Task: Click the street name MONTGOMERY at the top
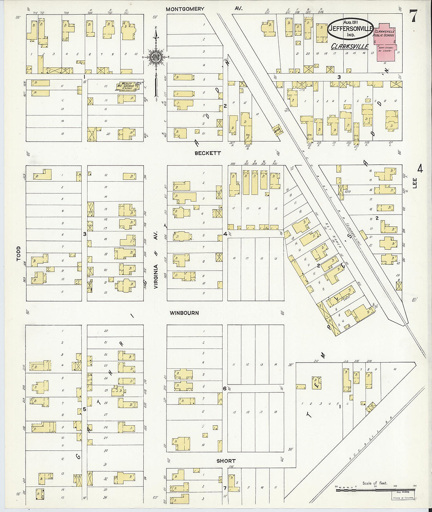[x=185, y=9]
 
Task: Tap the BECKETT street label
[x=208, y=153]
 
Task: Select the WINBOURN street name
[x=184, y=313]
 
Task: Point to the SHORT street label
[x=226, y=461]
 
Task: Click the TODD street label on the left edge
[x=18, y=254]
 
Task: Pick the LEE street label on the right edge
[x=415, y=183]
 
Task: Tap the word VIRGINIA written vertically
[x=156, y=277]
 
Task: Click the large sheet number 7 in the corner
[x=413, y=16]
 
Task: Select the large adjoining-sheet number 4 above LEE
[x=420, y=169]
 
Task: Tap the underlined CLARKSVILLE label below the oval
[x=350, y=46]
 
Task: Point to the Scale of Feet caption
[x=374, y=483]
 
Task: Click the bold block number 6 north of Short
[x=225, y=389]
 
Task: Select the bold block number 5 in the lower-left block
[x=84, y=409]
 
